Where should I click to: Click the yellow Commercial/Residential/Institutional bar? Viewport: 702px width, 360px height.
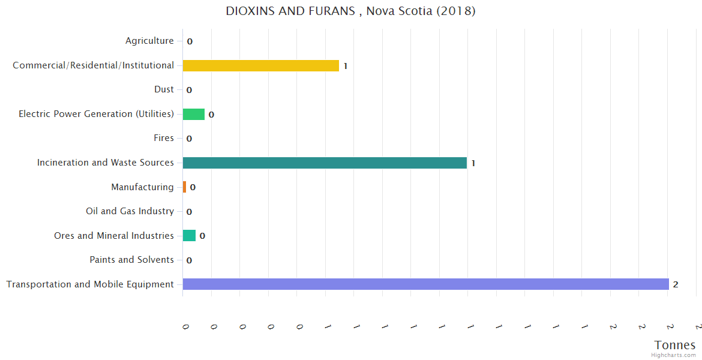click(260, 65)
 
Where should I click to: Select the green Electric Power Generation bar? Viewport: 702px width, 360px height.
click(193, 114)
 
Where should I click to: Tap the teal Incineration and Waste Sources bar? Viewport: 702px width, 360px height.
click(324, 163)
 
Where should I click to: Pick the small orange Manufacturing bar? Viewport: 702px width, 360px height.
click(184, 187)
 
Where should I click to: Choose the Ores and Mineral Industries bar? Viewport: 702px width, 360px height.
click(189, 236)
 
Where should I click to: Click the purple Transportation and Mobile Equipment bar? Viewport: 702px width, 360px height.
click(425, 284)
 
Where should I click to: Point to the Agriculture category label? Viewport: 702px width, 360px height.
click(149, 41)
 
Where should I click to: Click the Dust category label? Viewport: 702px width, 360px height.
click(164, 89)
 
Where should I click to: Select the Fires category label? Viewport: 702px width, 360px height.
click(163, 138)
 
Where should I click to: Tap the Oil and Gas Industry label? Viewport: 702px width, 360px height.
click(130, 211)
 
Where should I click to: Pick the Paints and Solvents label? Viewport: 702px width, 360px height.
click(131, 260)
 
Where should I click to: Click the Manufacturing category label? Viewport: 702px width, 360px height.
click(142, 187)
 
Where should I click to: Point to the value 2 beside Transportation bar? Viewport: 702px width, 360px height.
click(676, 284)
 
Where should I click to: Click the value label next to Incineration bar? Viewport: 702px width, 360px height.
click(473, 163)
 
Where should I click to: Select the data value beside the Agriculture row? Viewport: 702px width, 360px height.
click(190, 41)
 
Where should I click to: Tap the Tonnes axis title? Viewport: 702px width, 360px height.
click(675, 345)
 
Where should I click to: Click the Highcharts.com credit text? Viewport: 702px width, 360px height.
click(673, 355)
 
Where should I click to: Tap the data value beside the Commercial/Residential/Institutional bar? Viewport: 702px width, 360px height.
click(346, 66)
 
